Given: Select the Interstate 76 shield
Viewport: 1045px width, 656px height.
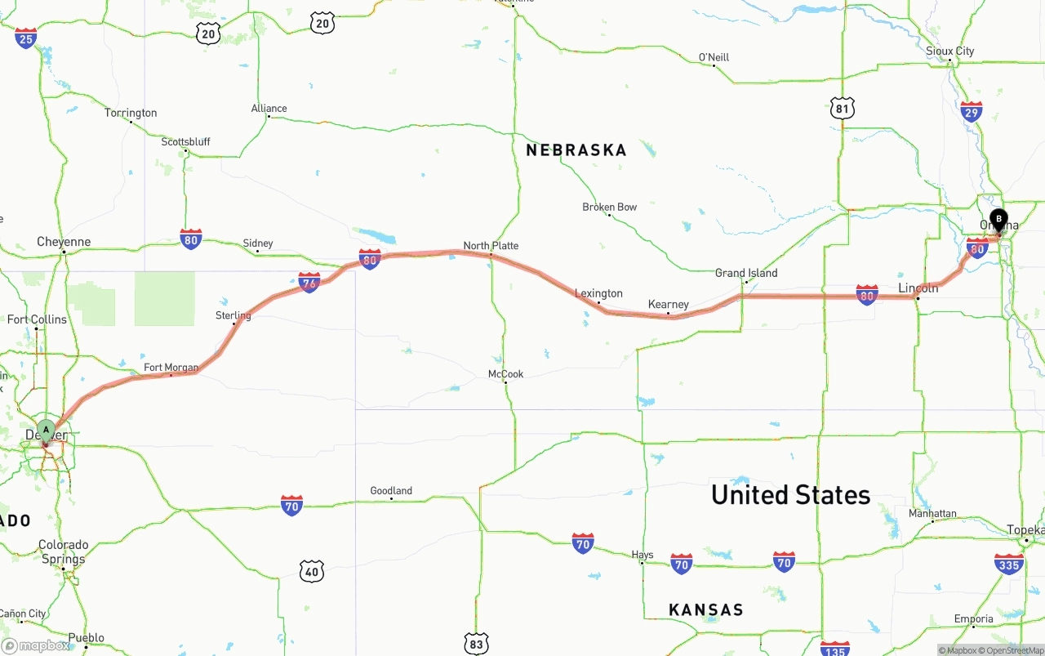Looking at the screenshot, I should [309, 283].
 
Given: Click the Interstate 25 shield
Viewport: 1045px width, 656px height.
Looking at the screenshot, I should [26, 38].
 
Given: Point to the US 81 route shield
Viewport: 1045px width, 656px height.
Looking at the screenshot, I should [843, 108].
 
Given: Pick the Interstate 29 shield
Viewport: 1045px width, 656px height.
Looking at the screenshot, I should [972, 112].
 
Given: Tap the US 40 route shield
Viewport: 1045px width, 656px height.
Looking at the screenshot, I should [312, 570].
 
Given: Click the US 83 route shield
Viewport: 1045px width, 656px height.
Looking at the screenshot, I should [477, 643].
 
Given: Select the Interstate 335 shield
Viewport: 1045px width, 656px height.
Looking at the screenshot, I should [1009, 563].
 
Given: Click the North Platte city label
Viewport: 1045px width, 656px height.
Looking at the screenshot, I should [491, 246].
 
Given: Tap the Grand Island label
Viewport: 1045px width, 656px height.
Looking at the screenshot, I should [746, 273].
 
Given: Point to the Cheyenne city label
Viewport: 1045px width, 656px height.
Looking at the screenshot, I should [64, 242].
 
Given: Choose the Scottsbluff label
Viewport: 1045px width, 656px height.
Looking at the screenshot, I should [185, 141].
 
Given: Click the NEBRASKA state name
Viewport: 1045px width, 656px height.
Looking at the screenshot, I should [576, 150].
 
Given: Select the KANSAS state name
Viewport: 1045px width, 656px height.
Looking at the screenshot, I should [706, 609].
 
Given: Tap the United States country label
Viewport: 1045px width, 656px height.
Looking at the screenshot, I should [790, 494].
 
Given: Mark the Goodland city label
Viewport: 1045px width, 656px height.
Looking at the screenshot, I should [391, 491].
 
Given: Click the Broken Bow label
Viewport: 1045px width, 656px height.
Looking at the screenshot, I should [609, 207].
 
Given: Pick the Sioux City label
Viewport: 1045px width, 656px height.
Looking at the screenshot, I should [950, 51].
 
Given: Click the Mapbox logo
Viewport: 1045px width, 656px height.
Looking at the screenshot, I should [36, 645].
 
